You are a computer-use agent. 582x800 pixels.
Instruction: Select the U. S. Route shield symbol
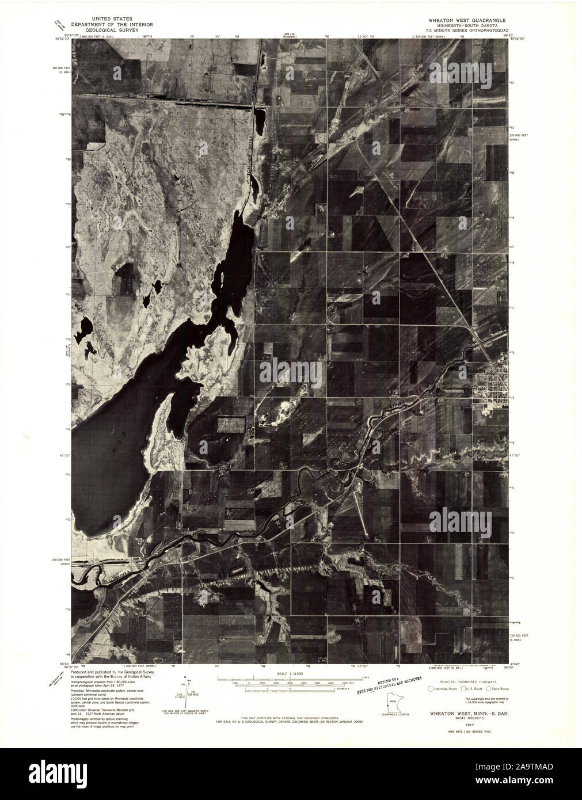[x=461, y=688]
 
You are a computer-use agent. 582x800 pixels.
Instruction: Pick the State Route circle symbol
[x=489, y=688]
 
